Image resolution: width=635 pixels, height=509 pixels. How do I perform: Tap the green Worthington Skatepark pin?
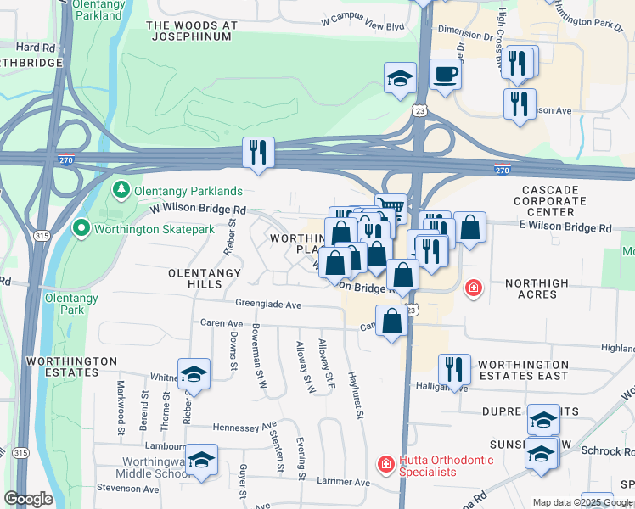click(x=81, y=228)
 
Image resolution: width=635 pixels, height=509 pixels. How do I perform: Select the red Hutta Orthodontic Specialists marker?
click(x=385, y=464)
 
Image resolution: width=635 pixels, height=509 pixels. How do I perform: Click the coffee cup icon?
click(x=445, y=74)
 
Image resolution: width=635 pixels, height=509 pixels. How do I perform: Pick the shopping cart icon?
click(x=391, y=208)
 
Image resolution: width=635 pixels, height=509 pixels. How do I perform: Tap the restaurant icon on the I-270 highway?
click(x=256, y=153)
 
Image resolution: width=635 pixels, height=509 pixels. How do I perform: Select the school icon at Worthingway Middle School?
click(x=201, y=461)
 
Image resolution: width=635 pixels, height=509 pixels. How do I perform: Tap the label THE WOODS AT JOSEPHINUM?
click(x=192, y=31)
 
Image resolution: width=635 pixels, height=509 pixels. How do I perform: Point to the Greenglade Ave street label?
click(x=269, y=304)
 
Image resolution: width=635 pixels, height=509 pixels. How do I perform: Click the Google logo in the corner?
click(x=28, y=499)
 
